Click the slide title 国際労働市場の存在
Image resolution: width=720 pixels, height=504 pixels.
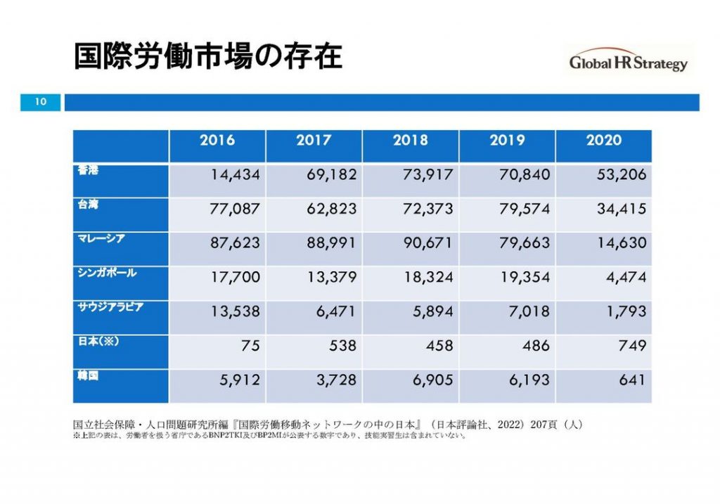(x=208, y=57)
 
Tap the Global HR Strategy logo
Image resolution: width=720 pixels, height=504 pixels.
(x=628, y=63)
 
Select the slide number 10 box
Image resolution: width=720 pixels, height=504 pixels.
(x=40, y=103)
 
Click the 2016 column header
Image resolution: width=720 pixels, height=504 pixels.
(x=217, y=141)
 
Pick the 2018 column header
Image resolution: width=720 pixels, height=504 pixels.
(x=411, y=141)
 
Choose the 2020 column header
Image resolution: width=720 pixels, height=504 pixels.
(x=603, y=141)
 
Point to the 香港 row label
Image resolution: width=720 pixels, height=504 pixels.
(x=88, y=170)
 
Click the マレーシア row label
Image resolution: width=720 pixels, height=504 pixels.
(x=101, y=238)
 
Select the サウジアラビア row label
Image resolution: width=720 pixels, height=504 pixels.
(x=110, y=306)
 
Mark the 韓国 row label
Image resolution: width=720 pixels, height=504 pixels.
(x=88, y=375)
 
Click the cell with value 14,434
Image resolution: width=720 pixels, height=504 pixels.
(x=236, y=174)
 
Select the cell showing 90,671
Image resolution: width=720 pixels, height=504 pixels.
(x=428, y=243)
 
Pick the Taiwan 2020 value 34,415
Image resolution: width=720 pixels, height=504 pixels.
(x=620, y=209)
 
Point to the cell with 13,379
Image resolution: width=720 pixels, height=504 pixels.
(x=332, y=277)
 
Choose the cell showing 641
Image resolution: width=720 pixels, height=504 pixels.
(x=633, y=380)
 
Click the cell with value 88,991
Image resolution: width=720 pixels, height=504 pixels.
(x=332, y=243)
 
